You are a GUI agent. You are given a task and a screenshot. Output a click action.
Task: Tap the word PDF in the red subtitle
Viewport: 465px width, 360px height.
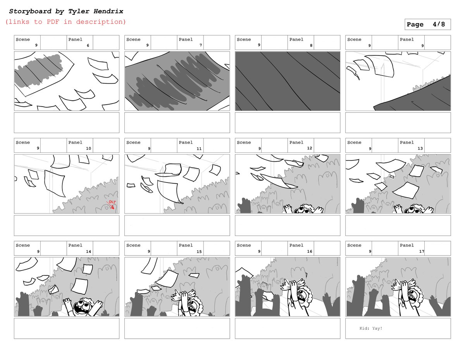53,22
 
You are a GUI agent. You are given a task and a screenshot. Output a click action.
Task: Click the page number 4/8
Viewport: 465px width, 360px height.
439,24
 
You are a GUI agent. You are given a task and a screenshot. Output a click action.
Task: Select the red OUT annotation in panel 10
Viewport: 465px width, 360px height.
112,202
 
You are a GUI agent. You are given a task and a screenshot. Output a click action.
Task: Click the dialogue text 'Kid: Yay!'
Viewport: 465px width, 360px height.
370,328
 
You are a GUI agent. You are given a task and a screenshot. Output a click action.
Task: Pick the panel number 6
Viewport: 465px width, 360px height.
88,45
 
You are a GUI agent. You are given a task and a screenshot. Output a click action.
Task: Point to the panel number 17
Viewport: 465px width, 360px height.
421,251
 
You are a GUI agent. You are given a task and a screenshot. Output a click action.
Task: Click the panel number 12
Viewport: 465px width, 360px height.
310,148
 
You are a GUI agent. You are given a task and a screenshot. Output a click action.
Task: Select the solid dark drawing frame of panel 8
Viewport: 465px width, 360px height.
288,81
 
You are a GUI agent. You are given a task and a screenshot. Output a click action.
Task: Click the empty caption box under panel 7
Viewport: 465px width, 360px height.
177,122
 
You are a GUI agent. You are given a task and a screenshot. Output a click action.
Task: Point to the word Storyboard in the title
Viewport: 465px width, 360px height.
30,11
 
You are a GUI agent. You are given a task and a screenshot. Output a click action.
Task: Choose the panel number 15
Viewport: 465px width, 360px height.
199,251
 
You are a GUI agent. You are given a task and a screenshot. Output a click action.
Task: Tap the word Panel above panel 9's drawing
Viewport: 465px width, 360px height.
406,40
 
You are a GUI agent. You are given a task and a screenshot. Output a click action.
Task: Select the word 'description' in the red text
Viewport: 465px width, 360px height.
101,22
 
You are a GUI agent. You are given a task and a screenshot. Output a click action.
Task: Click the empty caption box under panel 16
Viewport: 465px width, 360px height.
288,328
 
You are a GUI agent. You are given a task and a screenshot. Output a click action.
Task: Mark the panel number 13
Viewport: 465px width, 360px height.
420,148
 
